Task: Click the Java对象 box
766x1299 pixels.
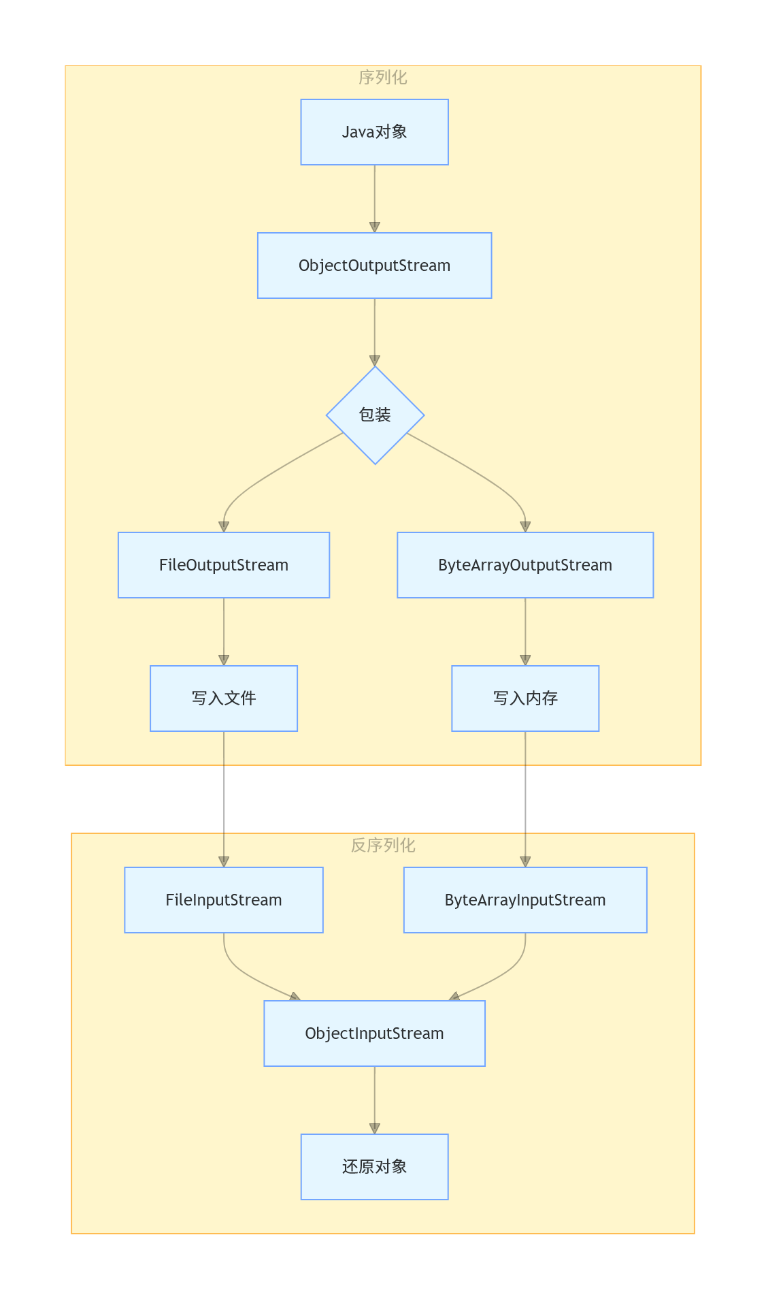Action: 374,132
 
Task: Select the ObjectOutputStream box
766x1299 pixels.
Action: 374,266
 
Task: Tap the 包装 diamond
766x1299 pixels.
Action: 375,415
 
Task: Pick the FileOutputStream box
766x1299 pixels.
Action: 224,565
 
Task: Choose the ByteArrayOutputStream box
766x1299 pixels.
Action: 525,565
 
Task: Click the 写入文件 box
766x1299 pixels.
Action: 224,699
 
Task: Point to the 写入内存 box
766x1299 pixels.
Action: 525,699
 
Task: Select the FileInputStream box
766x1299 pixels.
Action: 224,900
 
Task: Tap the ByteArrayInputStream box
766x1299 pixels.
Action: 525,900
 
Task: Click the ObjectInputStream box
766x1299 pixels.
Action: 374,1033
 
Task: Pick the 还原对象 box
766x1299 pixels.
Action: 374,1167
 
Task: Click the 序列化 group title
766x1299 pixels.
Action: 383,78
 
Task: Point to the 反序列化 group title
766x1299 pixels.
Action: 383,846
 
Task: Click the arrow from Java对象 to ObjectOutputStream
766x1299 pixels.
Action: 374,199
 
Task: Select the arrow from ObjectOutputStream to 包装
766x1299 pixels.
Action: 374,332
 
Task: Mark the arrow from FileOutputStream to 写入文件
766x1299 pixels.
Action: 224,632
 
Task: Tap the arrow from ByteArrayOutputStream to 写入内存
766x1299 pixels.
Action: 525,632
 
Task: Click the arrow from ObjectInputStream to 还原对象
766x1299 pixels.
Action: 374,1100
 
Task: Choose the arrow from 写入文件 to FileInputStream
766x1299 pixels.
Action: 224,799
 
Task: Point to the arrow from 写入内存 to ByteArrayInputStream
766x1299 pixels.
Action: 525,799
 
